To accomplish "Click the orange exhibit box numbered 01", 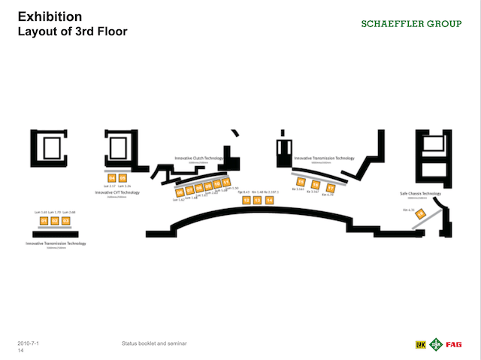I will [x=44, y=221].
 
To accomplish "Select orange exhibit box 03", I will [x=65, y=221].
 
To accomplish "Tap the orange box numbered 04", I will [x=112, y=178].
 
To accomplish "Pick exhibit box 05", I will [x=123, y=178].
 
